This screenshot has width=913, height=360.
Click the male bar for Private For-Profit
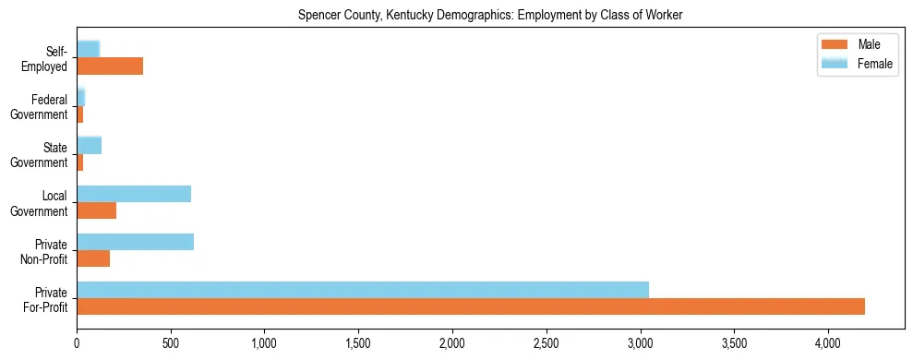point(471,306)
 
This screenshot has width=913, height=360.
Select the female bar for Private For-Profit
point(363,290)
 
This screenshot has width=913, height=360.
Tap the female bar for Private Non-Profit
point(135,242)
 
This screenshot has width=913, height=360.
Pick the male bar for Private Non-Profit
point(93,258)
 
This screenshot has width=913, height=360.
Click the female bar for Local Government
point(134,194)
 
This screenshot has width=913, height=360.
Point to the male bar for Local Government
point(96,210)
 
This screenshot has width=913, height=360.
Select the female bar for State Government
point(89,146)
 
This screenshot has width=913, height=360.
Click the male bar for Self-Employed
point(110,66)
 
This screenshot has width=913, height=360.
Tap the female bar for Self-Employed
point(88,50)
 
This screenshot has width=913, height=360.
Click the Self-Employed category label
point(48,58)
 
